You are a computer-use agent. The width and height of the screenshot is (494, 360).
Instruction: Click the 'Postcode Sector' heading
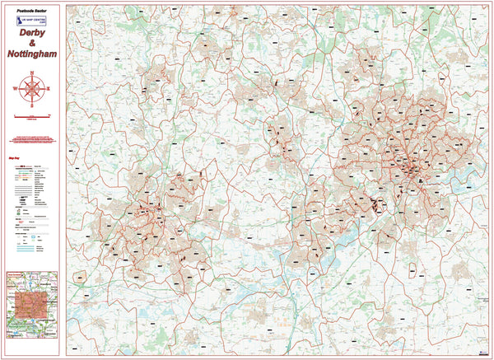click(x=31, y=12)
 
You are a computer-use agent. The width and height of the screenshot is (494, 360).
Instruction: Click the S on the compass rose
click(x=32, y=105)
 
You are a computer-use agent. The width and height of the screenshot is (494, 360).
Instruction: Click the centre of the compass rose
click(x=32, y=89)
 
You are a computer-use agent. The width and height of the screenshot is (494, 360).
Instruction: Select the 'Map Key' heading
click(x=14, y=157)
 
